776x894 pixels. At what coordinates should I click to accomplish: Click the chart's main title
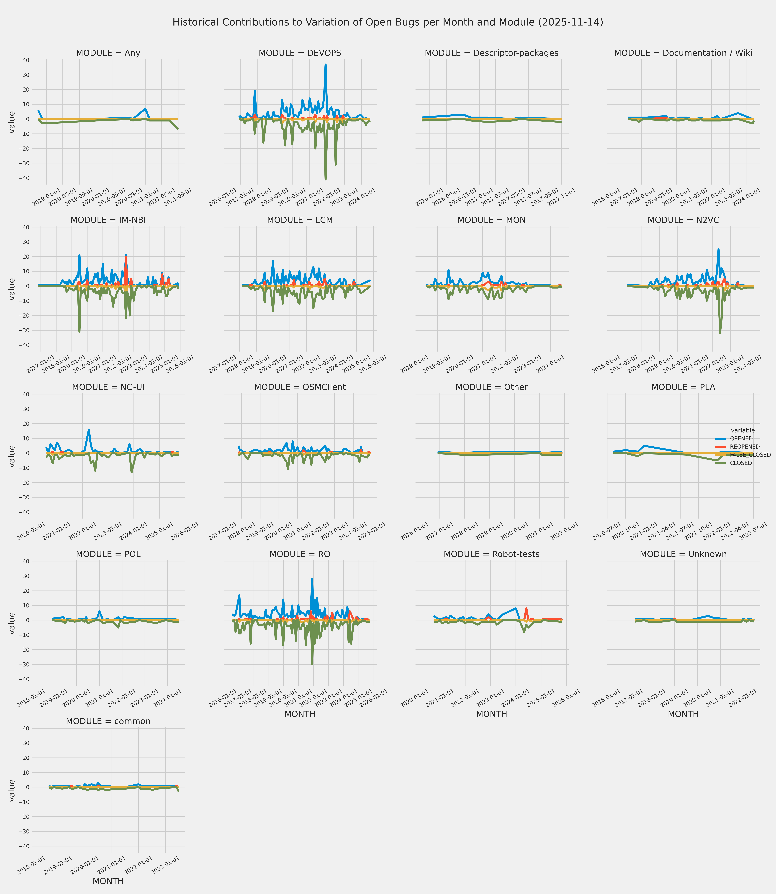point(388,22)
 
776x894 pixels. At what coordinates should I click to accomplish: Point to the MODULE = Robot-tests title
point(491,554)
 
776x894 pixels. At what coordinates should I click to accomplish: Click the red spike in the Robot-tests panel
point(526,608)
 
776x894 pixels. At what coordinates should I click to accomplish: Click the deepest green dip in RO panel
point(312,664)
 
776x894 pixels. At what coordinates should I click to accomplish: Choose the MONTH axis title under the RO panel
point(300,714)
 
